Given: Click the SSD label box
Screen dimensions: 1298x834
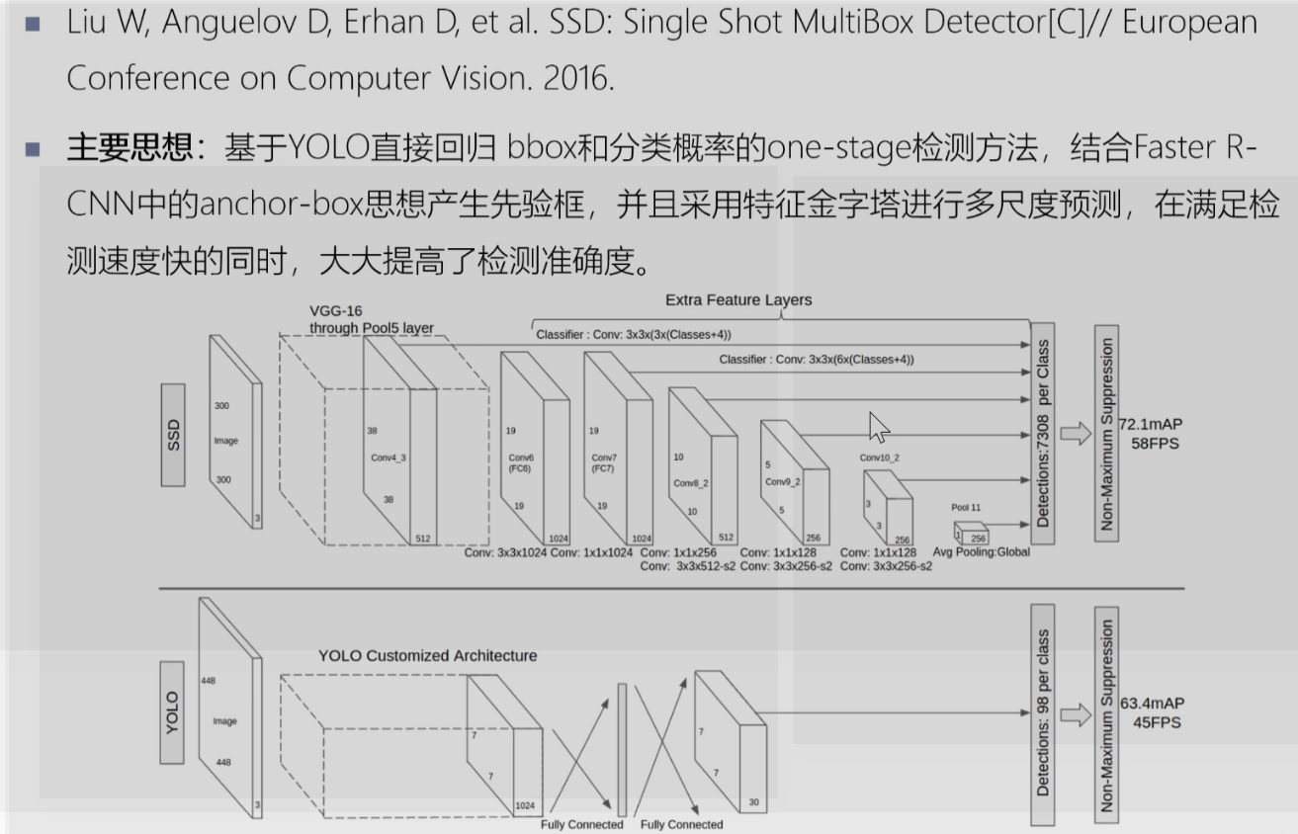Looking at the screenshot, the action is [174, 435].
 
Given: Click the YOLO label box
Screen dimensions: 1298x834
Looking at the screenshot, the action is [172, 712].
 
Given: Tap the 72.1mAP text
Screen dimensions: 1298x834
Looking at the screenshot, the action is [1151, 424].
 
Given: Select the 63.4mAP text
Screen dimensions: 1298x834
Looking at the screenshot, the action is [1152, 703].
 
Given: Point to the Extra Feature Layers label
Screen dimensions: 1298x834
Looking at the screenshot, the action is [738, 299].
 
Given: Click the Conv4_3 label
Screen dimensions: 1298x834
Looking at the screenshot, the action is [389, 458].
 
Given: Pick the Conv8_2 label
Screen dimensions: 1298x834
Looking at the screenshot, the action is [692, 483].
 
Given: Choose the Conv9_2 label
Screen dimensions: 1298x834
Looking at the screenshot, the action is [783, 482].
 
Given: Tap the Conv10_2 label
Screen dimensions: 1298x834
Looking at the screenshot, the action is [880, 458].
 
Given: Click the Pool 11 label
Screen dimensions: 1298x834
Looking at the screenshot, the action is [966, 507].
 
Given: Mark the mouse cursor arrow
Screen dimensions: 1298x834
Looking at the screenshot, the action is [878, 428].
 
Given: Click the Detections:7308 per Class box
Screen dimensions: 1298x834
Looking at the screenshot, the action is [1043, 433].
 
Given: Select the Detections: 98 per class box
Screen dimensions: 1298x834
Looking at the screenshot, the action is [1043, 712].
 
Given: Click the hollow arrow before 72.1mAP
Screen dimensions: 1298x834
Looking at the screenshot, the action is [1075, 433].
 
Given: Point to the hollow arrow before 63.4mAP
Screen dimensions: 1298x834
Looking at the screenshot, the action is [1075, 714].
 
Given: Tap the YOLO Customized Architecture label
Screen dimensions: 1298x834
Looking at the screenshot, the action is [428, 655].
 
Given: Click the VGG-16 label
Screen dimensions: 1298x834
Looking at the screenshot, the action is [336, 311].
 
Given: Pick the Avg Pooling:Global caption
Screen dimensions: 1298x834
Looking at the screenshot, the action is [982, 551].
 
